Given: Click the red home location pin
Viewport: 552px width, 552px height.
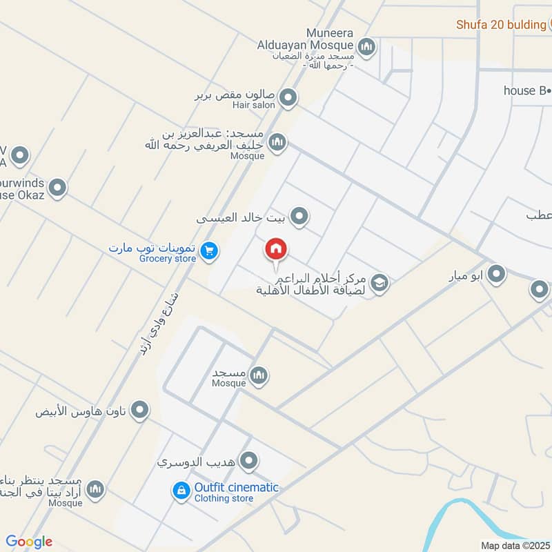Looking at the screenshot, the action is [x=276, y=250].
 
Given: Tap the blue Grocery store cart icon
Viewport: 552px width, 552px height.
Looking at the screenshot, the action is [x=210, y=252].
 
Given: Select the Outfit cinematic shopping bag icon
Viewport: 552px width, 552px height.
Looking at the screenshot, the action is [x=181, y=491].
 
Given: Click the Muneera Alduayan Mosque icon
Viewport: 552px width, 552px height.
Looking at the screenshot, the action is [x=366, y=47].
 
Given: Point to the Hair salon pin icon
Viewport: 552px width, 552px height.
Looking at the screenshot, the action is [x=288, y=98].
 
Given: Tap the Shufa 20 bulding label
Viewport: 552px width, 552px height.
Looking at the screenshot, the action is [x=501, y=25].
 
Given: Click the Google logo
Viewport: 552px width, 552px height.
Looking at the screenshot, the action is [x=29, y=542].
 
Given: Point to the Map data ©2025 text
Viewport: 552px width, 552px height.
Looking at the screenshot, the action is [x=515, y=545].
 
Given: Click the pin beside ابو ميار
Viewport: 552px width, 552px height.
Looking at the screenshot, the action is [x=496, y=275].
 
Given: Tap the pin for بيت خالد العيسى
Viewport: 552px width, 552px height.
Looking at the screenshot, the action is [x=299, y=217].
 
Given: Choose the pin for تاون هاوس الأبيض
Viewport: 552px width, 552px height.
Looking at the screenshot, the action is [x=140, y=411].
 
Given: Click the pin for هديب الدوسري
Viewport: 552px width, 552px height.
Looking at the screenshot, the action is [x=250, y=460].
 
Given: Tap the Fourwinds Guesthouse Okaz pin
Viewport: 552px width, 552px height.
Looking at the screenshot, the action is [x=57, y=187].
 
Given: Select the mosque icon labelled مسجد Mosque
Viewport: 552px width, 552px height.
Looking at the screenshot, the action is [x=259, y=375].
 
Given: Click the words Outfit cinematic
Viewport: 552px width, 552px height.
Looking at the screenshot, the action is [x=236, y=487].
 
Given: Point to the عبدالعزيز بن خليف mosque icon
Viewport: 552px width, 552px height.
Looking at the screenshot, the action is [x=277, y=142].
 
